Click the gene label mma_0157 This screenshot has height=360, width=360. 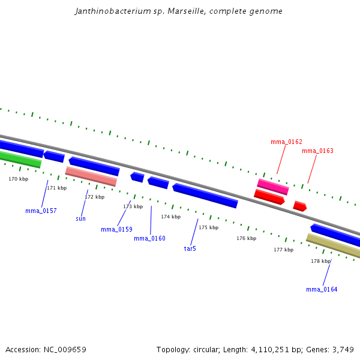pyautogui.click(x=41, y=211)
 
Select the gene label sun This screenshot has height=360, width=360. pyautogui.click(x=80, y=218)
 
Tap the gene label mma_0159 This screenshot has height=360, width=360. pyautogui.click(x=116, y=229)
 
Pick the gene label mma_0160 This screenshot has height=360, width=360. pyautogui.click(x=149, y=238)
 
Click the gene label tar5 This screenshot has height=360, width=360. pyautogui.click(x=190, y=248)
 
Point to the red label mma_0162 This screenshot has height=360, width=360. pyautogui.click(x=286, y=142)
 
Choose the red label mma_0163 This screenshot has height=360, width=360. pyautogui.click(x=317, y=151)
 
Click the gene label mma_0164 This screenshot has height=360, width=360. pyautogui.click(x=322, y=289)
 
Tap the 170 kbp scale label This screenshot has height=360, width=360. pyautogui.click(x=18, y=179)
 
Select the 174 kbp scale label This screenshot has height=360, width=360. pyautogui.click(x=170, y=217)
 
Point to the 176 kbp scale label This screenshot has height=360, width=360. pyautogui.click(x=246, y=238)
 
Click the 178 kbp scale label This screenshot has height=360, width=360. pyautogui.click(x=320, y=261)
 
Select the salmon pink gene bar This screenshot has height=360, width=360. pyautogui.click(x=91, y=176)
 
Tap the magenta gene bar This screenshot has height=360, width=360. pyautogui.click(x=273, y=187)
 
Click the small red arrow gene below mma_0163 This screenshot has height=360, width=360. pyautogui.click(x=299, y=206)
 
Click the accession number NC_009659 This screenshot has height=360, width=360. pyautogui.click(x=66, y=349)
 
